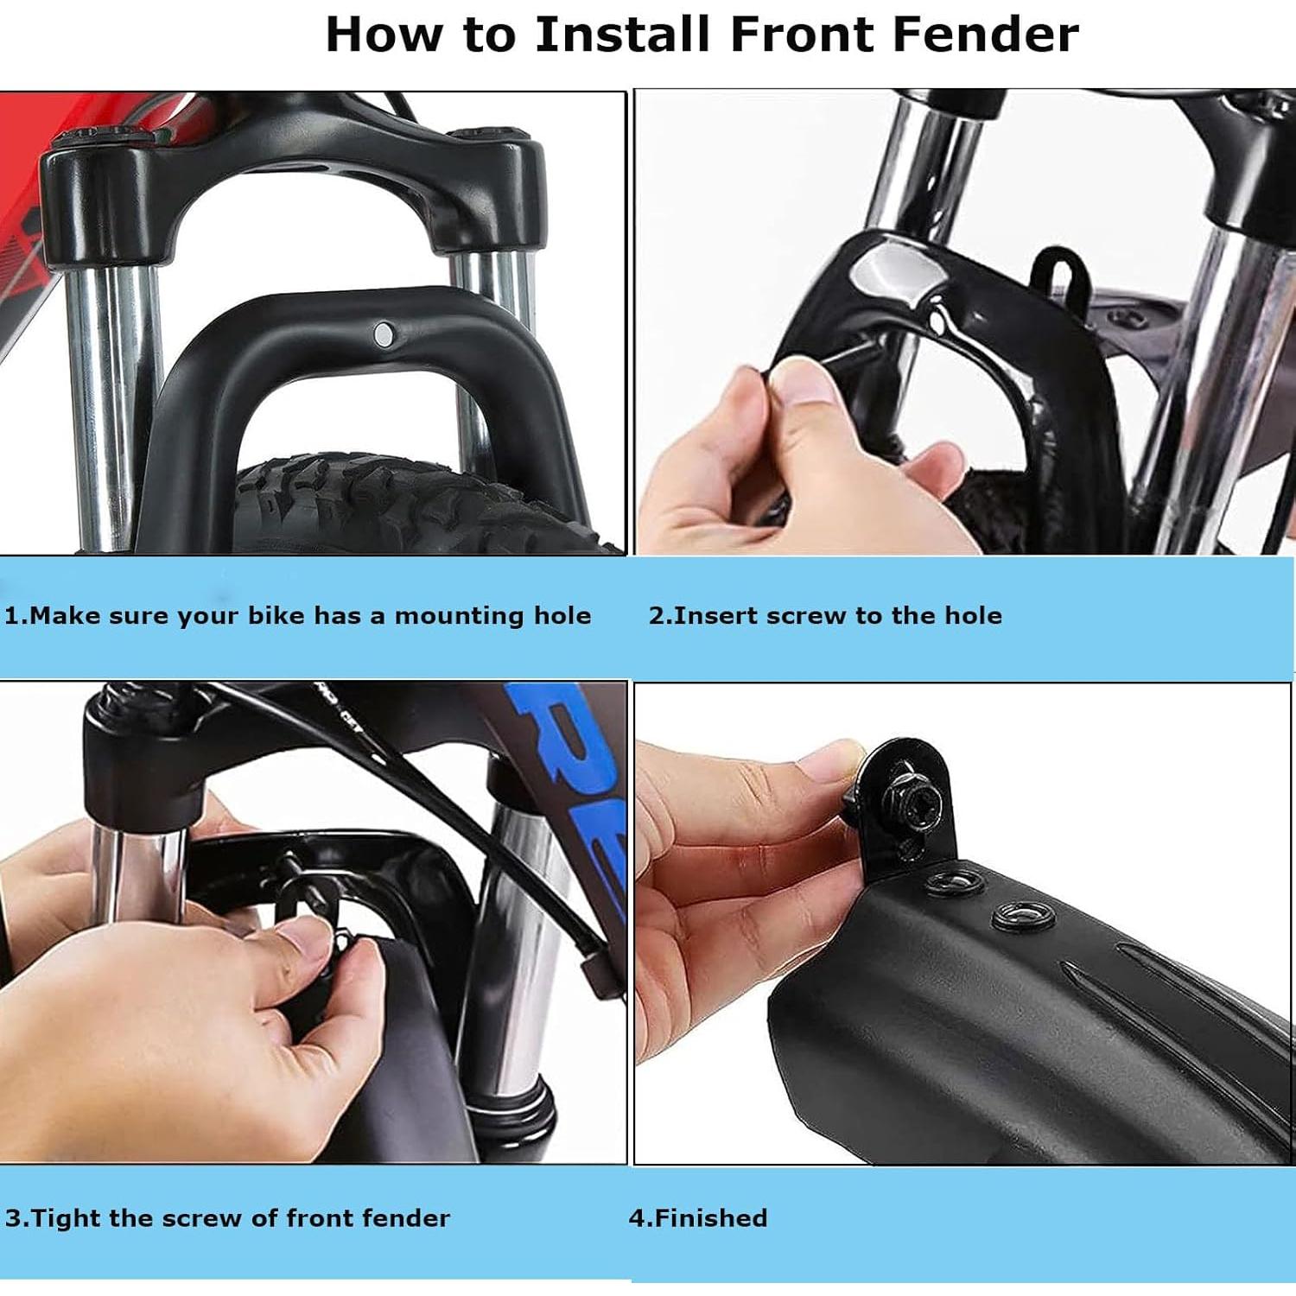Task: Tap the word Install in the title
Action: tap(622, 35)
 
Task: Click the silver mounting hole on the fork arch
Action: tap(382, 333)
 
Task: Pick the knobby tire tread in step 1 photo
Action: tap(423, 505)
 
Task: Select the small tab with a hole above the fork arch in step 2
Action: tap(1058, 275)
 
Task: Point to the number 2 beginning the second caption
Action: tap(657, 616)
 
